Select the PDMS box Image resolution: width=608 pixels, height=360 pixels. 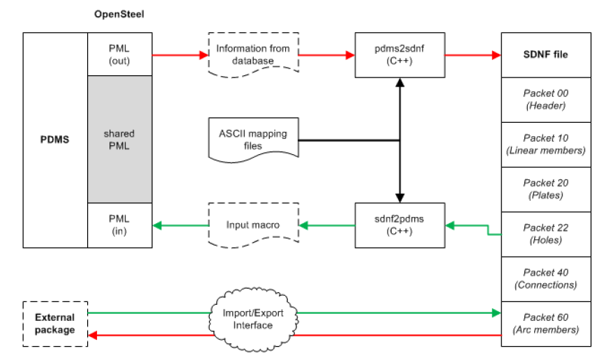(56, 140)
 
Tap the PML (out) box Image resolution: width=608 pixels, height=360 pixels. (120, 54)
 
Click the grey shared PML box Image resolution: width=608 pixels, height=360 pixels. (120, 140)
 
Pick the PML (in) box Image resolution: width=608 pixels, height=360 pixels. (120, 225)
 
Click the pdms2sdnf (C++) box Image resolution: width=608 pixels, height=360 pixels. (400, 54)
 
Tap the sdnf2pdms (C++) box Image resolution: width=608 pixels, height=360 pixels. (400, 225)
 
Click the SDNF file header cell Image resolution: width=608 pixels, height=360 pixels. (546, 54)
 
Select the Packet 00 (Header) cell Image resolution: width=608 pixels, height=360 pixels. (546, 100)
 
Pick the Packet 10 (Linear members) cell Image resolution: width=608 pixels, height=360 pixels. (546, 144)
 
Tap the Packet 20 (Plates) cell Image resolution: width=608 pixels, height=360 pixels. (546, 189)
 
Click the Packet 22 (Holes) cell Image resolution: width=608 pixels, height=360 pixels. (546, 234)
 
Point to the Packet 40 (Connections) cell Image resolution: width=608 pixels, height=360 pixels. (546, 278)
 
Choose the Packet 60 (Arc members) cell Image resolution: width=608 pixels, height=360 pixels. (546, 323)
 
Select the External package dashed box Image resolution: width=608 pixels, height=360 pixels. (55, 323)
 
